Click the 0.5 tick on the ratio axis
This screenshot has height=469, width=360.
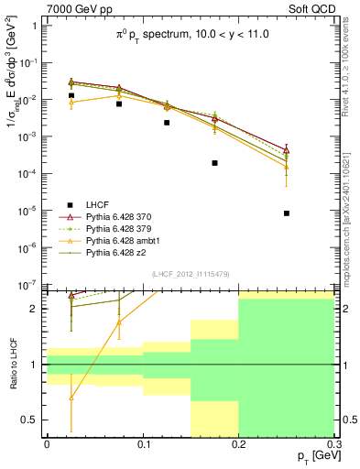31,420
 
